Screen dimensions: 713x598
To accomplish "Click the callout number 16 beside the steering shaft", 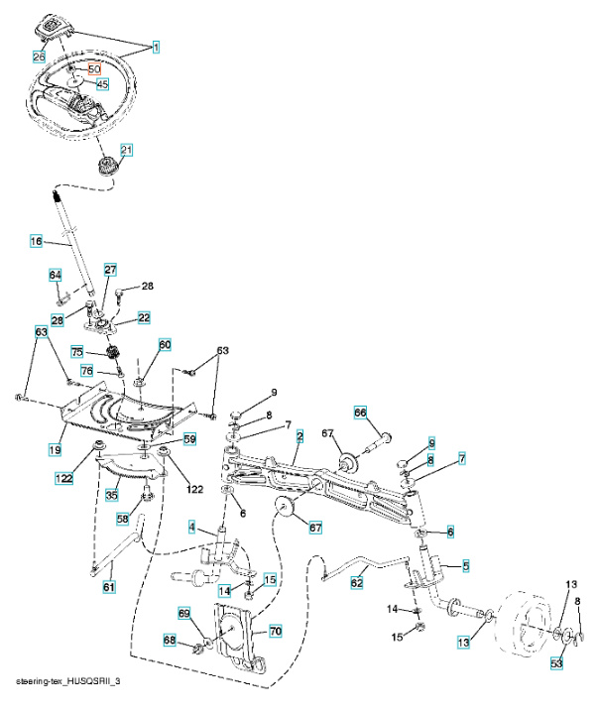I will pyautogui.click(x=37, y=241).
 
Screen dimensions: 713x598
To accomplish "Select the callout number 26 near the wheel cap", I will pyautogui.click(x=39, y=56).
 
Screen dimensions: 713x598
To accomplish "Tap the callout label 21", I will pyautogui.click(x=126, y=150).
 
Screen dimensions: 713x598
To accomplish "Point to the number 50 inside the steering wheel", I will pyautogui.click(x=95, y=69).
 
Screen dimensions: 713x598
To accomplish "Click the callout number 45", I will pyautogui.click(x=102, y=84).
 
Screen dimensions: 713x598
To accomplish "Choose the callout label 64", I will pyautogui.click(x=57, y=275).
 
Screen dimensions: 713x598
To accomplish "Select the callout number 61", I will pyautogui.click(x=108, y=588).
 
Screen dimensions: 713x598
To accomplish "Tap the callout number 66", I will pyautogui.click(x=361, y=413).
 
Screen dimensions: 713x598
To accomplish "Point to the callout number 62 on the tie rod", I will pyautogui.click(x=357, y=584).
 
